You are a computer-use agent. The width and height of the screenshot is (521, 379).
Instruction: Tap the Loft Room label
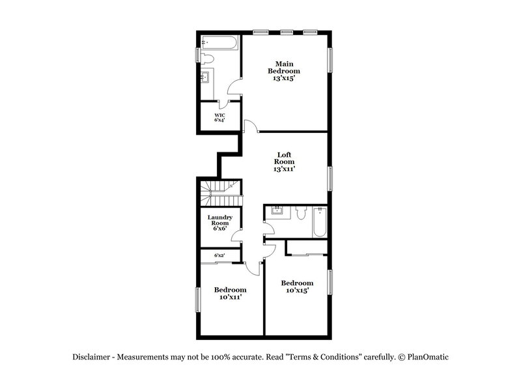(284, 161)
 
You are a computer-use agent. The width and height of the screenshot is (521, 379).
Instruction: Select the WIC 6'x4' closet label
(219, 118)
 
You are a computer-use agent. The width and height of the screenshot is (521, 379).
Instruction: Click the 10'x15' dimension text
(297, 290)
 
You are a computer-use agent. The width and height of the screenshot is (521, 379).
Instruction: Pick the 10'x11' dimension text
(230, 297)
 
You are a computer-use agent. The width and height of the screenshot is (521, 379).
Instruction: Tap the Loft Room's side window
(330, 177)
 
